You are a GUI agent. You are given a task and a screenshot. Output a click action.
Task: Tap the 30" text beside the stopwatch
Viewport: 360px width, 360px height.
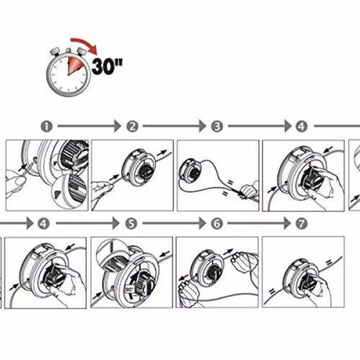pyautogui.click(x=107, y=66)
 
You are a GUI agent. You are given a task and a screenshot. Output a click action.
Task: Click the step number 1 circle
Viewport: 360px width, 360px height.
pyautogui.click(x=47, y=126)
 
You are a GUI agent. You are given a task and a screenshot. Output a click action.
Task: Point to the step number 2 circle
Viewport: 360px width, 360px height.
pyautogui.click(x=132, y=126)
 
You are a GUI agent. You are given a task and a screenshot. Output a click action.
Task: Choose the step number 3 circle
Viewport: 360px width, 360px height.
pyautogui.click(x=217, y=126)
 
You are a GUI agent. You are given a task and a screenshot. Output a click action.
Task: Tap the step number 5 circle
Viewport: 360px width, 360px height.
pyautogui.click(x=131, y=224)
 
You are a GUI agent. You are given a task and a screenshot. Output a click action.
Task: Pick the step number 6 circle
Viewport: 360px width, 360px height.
pyautogui.click(x=217, y=224)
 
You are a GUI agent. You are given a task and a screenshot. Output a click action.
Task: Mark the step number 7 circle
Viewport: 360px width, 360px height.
pyautogui.click(x=302, y=224)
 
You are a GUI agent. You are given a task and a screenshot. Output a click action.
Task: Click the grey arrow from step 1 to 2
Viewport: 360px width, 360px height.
pyautogui.click(x=89, y=126)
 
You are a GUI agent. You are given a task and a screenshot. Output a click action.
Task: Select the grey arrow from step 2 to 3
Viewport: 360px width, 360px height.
pyautogui.click(x=174, y=126)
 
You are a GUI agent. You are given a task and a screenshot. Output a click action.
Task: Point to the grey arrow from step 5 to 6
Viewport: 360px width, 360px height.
pyautogui.click(x=174, y=223)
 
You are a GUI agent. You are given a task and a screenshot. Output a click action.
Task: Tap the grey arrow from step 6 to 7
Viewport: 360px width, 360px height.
pyautogui.click(x=259, y=223)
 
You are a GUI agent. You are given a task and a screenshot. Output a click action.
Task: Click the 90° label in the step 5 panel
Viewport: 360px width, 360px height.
pyautogui.click(x=130, y=289)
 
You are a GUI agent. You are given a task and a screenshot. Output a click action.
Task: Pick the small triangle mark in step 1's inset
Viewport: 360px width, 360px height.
pyautogui.click(x=57, y=194)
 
